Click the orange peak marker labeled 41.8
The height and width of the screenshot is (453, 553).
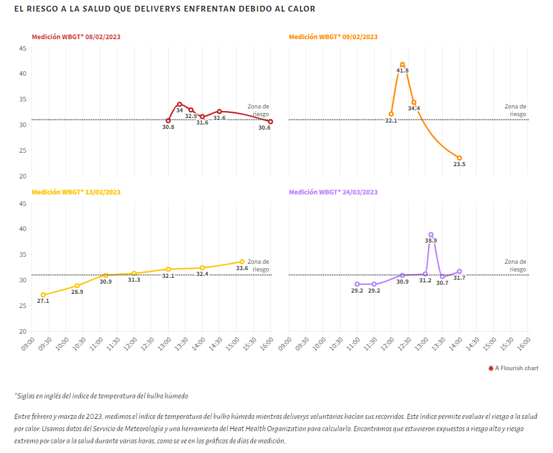pyautogui.click(x=402, y=64)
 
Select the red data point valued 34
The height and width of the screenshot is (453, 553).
pyautogui.click(x=180, y=104)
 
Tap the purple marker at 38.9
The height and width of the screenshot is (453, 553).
pyautogui.click(x=431, y=235)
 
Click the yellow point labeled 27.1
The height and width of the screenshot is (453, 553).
pyautogui.click(x=43, y=295)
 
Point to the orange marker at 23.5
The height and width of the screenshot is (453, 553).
pyautogui.click(x=459, y=158)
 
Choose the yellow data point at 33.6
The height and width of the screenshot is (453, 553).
pyautogui.click(x=242, y=261)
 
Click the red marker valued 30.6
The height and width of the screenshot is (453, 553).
pyautogui.click(x=271, y=121)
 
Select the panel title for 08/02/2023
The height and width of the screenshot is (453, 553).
pyautogui.click(x=76, y=37)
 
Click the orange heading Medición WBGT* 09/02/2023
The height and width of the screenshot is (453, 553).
pyautogui.click(x=333, y=37)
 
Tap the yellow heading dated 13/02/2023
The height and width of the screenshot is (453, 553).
pyautogui.click(x=76, y=192)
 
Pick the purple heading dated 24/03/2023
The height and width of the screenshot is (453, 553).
pyautogui.click(x=333, y=192)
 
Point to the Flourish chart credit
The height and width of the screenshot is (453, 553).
pyautogui.click(x=513, y=368)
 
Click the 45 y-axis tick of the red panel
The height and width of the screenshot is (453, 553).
pyautogui.click(x=22, y=49)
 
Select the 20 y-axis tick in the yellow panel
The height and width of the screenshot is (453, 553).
pyautogui.click(x=22, y=332)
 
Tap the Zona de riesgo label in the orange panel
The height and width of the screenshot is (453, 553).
pyautogui.click(x=515, y=110)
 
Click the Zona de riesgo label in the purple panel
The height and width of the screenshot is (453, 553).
pyautogui.click(x=515, y=266)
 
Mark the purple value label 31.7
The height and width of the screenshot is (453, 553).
pyautogui.click(x=459, y=278)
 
